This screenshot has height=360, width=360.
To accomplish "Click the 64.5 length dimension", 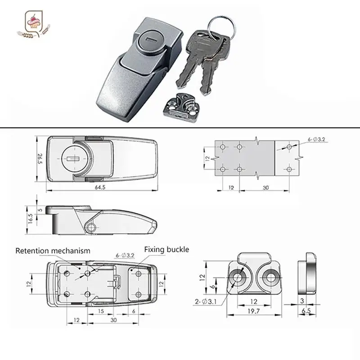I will coord(100,187).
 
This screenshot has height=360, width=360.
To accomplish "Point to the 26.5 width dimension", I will coord(39,158).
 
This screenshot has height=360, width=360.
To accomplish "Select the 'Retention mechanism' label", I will coord(53,251).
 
